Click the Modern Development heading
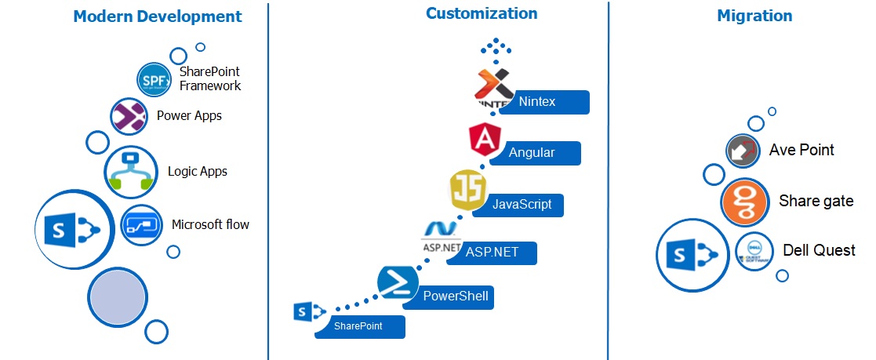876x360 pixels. pyautogui.click(x=158, y=16)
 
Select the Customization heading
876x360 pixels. pyautogui.click(x=482, y=13)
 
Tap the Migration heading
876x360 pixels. pyautogui.click(x=754, y=16)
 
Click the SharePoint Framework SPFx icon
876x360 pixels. pyautogui.click(x=154, y=80)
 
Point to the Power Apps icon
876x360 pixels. pyautogui.click(x=129, y=116)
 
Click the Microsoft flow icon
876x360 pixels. pyautogui.click(x=141, y=224)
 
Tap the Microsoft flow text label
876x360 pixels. pyautogui.click(x=210, y=225)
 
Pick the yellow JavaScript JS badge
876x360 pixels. pyautogui.click(x=468, y=191)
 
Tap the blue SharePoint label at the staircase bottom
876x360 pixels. pyautogui.click(x=360, y=326)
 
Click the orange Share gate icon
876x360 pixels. pyautogui.click(x=743, y=202)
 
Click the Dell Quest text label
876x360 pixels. pyautogui.click(x=819, y=251)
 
